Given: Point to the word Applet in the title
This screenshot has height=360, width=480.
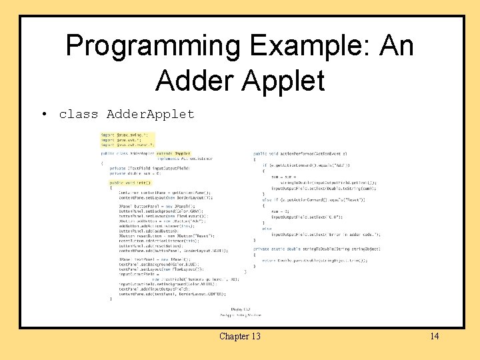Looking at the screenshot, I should coord(289,79).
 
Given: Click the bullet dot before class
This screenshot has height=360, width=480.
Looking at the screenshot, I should coord(43,114).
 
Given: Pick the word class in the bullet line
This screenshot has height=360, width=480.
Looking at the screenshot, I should coord(78,114).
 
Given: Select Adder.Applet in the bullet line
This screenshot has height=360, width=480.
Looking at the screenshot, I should coord(151,114).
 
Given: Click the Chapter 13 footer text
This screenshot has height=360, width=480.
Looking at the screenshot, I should coord(239,336).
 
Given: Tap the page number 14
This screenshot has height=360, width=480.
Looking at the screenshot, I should coord(434,336).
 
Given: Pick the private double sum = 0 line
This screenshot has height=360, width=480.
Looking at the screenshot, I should coord(136,173).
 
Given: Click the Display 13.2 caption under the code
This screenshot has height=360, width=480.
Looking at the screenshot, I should coord(240,309).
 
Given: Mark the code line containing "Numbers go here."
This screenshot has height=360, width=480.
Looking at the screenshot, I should coord(186,278).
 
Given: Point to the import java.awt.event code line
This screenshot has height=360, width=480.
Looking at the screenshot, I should coord(127,144).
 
